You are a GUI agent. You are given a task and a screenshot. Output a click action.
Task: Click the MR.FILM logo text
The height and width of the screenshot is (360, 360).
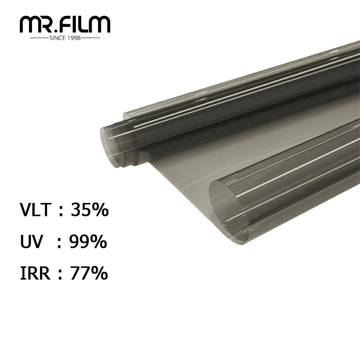coord(65,25)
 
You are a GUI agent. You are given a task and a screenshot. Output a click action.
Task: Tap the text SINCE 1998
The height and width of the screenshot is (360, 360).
coord(65,38)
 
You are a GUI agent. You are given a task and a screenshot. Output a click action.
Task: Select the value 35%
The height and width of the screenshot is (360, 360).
coord(90,209)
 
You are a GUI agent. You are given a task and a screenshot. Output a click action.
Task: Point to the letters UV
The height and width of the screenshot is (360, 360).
coord(31,242)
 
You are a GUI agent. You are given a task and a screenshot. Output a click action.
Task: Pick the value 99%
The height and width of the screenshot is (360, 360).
coord(88,242)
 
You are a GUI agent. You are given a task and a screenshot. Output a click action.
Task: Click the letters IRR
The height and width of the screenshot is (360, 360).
coord(35,273)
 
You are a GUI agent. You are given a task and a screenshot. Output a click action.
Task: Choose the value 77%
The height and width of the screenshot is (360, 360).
coord(89,273)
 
